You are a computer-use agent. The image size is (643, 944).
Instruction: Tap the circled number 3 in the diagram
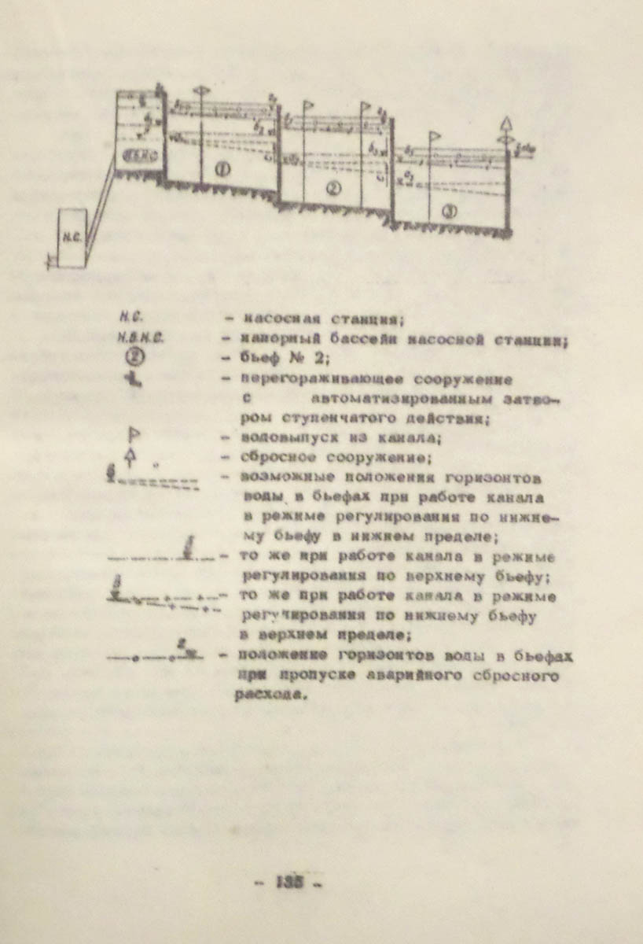pos(449,210)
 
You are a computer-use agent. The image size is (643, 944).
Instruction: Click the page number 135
pos(289,882)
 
